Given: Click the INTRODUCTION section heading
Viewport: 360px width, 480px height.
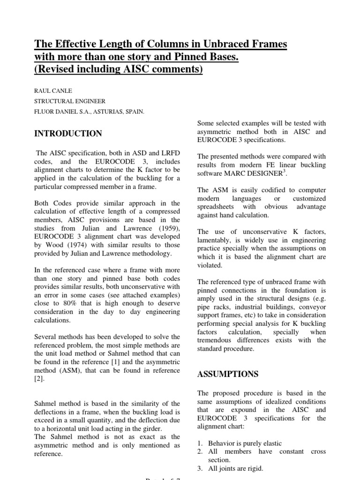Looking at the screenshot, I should pyautogui.click(x=68, y=134).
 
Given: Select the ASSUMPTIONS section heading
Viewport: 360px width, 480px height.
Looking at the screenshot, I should pyautogui.click(x=228, y=374).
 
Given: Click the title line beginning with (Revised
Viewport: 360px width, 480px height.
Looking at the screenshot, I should pyautogui.click(x=119, y=70).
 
